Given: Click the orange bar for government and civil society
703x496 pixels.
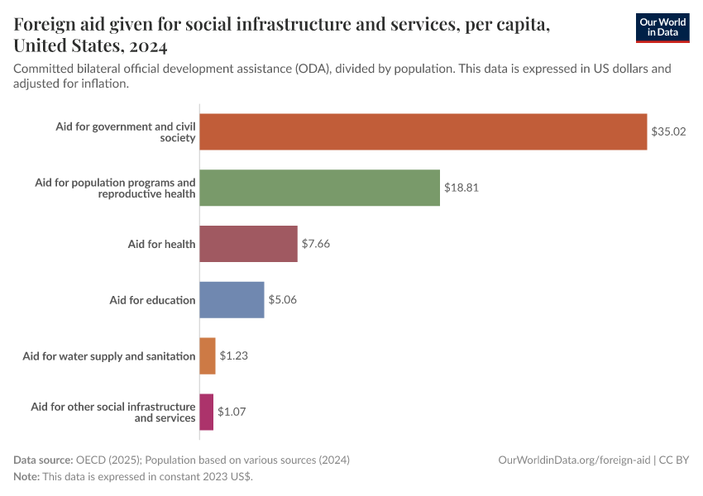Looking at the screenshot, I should click(x=423, y=131).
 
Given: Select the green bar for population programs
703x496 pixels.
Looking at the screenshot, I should click(x=319, y=188).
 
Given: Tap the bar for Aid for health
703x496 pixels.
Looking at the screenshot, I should click(x=248, y=244).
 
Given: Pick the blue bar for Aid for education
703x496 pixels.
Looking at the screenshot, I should click(x=232, y=300).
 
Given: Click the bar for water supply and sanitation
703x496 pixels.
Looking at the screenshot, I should click(x=208, y=356).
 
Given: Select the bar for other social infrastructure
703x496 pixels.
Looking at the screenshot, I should click(x=207, y=412).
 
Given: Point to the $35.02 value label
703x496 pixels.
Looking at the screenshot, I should click(x=668, y=131).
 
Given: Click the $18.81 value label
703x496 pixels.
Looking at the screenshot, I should click(x=461, y=188).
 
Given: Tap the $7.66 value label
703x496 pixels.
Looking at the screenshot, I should click(x=316, y=244).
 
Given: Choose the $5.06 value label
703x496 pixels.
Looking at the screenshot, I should click(x=283, y=300).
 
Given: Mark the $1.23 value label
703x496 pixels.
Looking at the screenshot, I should click(x=234, y=356).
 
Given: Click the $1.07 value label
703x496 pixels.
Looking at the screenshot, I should click(x=232, y=412).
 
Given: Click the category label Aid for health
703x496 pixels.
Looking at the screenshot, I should click(x=161, y=244).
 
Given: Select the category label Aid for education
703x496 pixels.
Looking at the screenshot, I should click(x=152, y=300).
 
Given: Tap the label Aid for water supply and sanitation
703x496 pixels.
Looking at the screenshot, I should click(x=109, y=356).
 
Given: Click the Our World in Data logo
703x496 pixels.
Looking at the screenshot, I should click(x=662, y=27).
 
